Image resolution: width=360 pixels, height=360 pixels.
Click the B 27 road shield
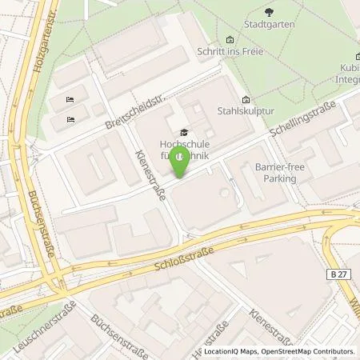(x=338, y=274)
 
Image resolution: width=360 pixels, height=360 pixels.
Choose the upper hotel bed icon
(x=71, y=99)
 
